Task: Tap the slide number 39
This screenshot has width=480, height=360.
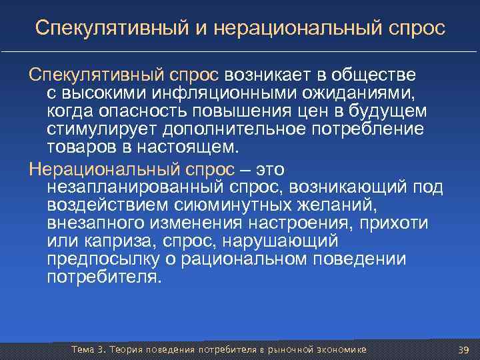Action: point(464,351)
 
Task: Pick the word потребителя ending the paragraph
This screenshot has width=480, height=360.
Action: point(104,277)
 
